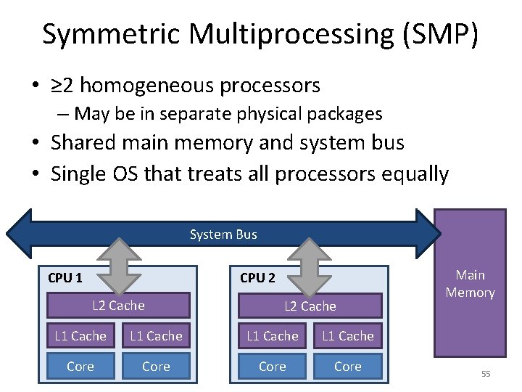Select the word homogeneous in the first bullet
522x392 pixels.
click(x=156, y=86)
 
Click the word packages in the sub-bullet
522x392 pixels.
click(x=345, y=114)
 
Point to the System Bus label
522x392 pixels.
click(x=223, y=234)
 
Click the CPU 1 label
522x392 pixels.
click(x=65, y=277)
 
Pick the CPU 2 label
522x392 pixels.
click(x=257, y=277)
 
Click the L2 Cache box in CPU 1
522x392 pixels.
click(x=118, y=306)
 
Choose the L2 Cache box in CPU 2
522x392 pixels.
click(x=310, y=306)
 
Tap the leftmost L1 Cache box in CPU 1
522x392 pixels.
click(x=80, y=336)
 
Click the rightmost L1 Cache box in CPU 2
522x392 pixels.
click(x=347, y=336)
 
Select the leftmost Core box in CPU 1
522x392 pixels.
click(x=80, y=367)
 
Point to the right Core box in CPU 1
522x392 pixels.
click(x=156, y=367)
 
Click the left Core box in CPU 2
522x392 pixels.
click(x=272, y=367)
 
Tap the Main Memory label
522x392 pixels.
click(x=470, y=284)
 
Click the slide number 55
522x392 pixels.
click(x=486, y=373)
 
